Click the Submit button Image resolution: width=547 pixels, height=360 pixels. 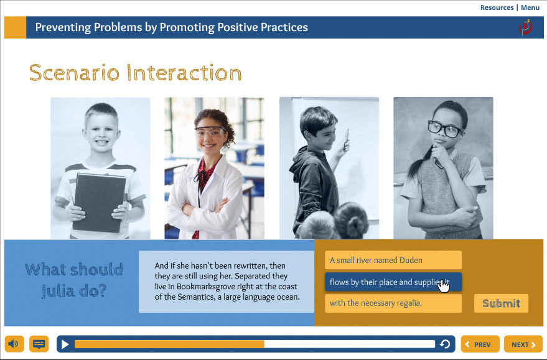point(501,303)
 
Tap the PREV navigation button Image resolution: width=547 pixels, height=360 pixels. point(480,344)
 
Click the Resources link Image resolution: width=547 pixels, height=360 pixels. point(497,7)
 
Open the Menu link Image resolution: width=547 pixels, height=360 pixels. point(530,7)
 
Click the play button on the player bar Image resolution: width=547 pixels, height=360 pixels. point(65,344)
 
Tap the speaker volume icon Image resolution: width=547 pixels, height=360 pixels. point(14,344)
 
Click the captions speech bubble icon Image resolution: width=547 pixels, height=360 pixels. point(39,344)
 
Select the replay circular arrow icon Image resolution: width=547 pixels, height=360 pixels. point(445,344)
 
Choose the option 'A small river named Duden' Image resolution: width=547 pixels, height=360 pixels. point(393,260)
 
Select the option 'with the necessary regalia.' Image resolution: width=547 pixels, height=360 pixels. point(393,303)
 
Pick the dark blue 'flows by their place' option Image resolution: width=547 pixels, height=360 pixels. point(393,282)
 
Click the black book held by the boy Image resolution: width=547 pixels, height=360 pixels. point(99,202)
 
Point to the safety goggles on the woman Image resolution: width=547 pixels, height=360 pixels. point(210,132)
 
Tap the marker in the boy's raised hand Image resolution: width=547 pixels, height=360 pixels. point(347,136)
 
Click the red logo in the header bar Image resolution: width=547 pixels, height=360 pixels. point(525,27)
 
